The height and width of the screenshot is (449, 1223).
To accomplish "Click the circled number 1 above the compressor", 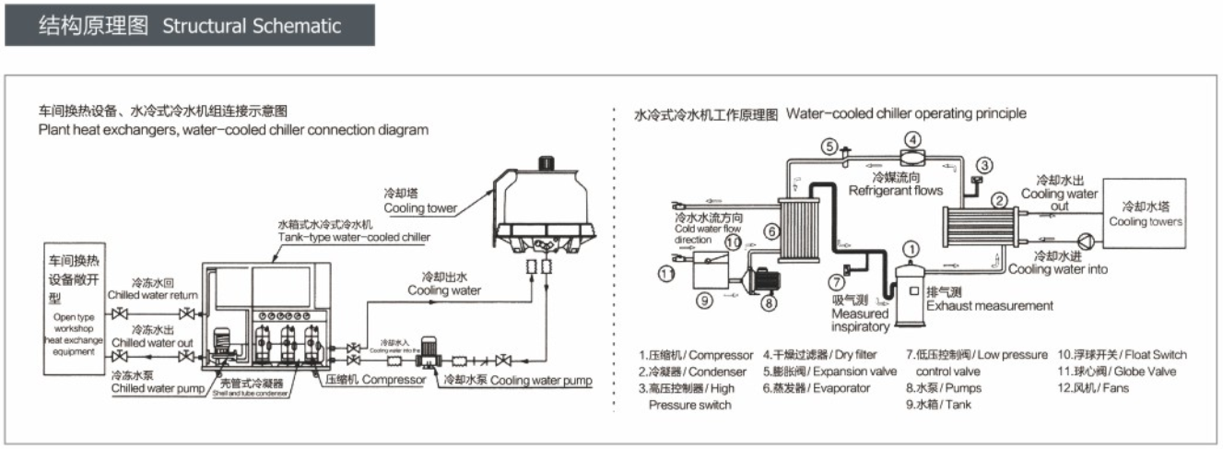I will [x=911, y=248].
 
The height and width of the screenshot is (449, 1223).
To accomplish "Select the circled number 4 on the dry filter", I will [x=911, y=140].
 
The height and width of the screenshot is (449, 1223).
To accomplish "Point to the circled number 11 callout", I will [x=666, y=272].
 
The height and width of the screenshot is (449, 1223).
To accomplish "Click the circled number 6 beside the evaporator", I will [x=771, y=231].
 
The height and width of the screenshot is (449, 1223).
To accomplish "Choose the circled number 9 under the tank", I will [x=702, y=300].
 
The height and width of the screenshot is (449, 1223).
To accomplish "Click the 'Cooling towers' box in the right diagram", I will [x=1146, y=216].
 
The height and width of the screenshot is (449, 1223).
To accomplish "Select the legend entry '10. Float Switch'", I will [x=1122, y=355].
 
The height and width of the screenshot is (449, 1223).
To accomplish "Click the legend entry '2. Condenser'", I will [x=679, y=372].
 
